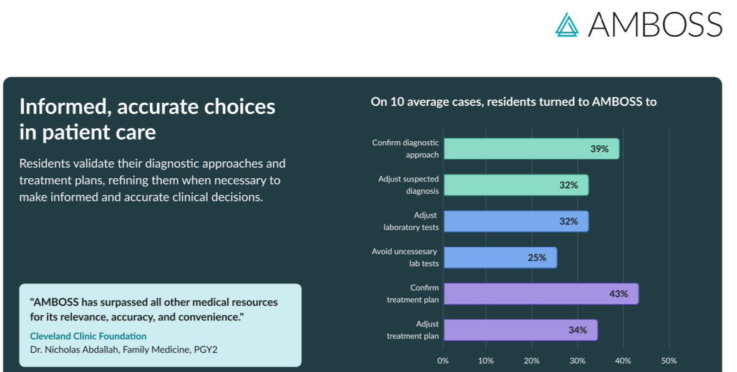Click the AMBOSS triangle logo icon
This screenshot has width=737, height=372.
567,24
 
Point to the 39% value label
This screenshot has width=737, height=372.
599,149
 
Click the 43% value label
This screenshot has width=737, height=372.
618,293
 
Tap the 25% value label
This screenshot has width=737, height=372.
537,257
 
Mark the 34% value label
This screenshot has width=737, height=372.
577,330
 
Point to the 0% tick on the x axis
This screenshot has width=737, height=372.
442,361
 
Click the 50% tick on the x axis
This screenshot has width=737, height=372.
668,361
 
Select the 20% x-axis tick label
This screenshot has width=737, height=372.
532,361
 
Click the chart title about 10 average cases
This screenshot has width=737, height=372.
514,102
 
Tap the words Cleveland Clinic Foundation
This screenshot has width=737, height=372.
88,336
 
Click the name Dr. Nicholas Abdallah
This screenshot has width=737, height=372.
74,350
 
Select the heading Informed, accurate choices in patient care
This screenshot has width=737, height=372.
147,119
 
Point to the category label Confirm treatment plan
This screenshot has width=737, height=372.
412,293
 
